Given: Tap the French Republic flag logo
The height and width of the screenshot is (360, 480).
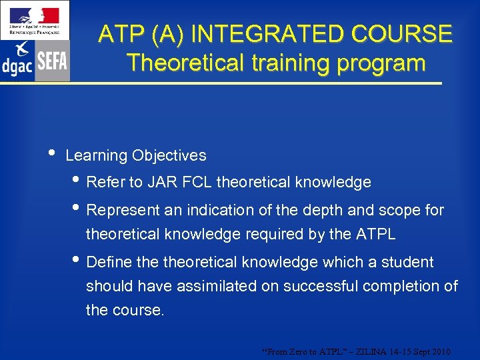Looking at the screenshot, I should pos(35,19).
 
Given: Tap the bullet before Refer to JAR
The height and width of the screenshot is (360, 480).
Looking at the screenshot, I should pos(79,181).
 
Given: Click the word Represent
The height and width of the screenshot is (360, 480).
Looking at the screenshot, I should pos(124,211).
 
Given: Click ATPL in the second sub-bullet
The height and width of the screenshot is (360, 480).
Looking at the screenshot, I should pos(376,235).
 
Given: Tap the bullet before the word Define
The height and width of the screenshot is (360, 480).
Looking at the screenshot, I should pos(79,261).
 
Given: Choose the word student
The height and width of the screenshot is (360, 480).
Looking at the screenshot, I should pos(407,263).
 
